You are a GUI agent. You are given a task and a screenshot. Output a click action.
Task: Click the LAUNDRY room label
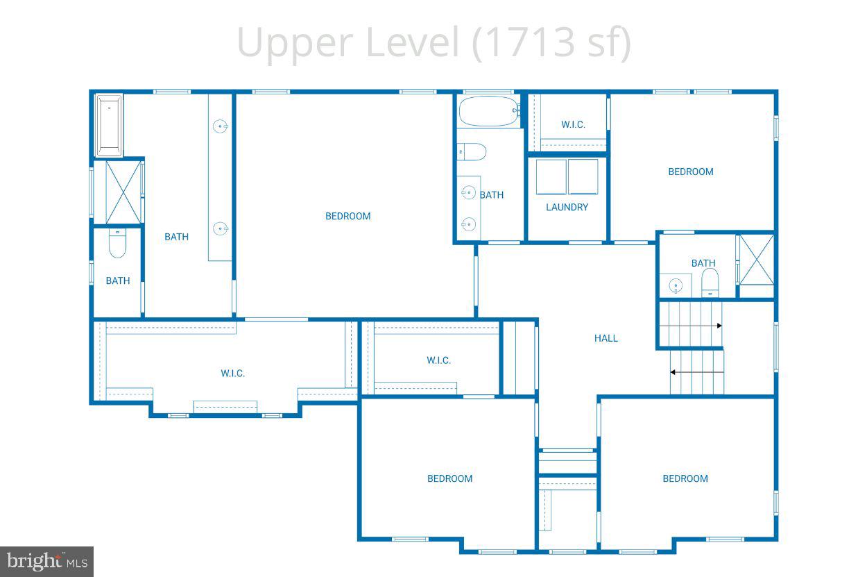click(x=567, y=207)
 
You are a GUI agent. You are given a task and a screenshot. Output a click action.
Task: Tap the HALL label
click(x=606, y=338)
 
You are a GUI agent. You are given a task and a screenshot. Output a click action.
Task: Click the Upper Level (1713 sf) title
click(x=433, y=42)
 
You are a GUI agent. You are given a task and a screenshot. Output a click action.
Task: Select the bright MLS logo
click(x=46, y=561)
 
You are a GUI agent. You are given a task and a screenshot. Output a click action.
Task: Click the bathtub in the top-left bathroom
click(x=109, y=126)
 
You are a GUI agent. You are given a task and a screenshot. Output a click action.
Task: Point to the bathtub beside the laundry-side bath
click(x=489, y=110)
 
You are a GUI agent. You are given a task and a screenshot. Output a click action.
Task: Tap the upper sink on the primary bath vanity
click(x=221, y=126)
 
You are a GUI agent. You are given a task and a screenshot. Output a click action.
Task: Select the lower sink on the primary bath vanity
click(x=221, y=228)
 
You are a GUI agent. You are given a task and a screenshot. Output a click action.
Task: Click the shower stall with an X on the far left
click(x=123, y=191)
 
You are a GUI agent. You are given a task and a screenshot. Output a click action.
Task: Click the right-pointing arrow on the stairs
click(x=719, y=326)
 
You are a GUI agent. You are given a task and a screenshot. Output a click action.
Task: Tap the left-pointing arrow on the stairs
click(x=673, y=372)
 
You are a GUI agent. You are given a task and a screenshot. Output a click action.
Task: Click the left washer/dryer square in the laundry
click(x=551, y=177)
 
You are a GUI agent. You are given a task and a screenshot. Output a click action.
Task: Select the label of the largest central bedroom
click(x=347, y=216)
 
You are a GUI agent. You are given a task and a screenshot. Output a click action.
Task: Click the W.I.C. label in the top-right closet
click(x=573, y=124)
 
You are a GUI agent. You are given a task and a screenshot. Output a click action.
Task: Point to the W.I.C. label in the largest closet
click(x=232, y=373)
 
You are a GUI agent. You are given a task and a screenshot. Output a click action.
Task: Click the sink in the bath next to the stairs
click(x=675, y=285)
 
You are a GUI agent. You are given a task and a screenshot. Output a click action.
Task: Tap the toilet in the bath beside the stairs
click(x=710, y=282)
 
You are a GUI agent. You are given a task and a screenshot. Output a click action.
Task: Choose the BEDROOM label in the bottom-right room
click(x=685, y=478)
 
